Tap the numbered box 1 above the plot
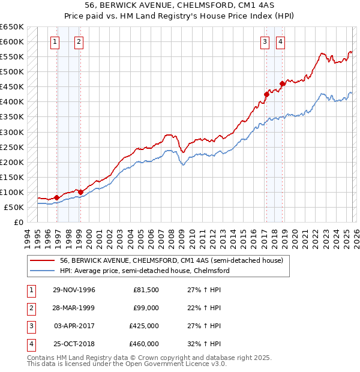55,41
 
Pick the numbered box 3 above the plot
265,41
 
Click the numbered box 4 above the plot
280,41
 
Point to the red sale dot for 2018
282,83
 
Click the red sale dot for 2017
266,94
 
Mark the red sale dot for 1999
80,192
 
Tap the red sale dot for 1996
56,197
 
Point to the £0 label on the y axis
18,222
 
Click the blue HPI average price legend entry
145,271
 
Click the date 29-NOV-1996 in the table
74,290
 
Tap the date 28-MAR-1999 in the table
74,308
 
